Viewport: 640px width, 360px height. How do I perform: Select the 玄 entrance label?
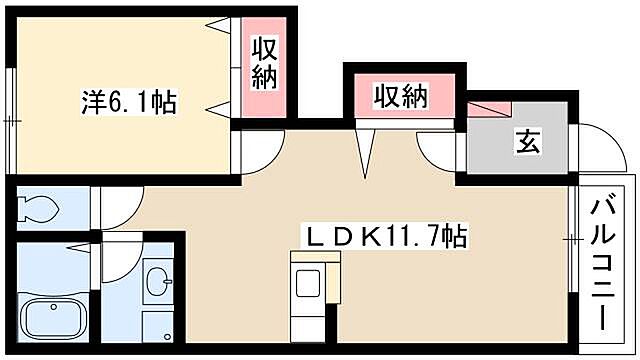coord(527,142)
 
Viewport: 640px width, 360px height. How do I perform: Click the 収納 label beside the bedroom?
coord(263,63)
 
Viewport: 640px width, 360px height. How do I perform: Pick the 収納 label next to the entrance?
coord(401,96)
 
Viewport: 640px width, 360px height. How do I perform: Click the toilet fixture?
coord(39,209)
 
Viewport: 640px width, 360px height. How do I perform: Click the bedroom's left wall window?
coord(9,120)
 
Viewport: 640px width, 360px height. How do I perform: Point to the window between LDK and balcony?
coord(573,239)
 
